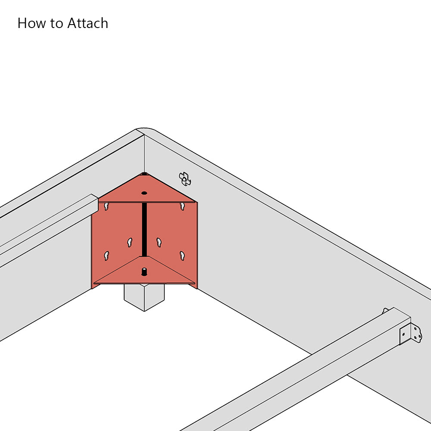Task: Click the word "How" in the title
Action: [31, 23]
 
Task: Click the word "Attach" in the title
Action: [87, 23]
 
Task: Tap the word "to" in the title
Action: [56, 24]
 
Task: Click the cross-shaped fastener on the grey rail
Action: [185, 179]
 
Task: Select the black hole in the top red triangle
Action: [144, 193]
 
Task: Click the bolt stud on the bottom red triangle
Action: [144, 272]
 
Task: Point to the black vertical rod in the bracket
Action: [144, 230]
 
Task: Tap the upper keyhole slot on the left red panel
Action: [106, 206]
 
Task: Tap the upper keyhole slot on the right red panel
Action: [182, 206]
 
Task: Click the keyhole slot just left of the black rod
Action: [130, 242]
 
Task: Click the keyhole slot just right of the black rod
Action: [159, 242]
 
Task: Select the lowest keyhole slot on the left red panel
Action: [106, 256]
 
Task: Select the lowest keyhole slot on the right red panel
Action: [182, 256]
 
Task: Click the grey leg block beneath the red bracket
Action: [144, 297]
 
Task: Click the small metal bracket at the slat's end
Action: [411, 334]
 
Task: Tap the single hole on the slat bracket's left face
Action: [403, 334]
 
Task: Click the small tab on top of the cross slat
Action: [385, 311]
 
